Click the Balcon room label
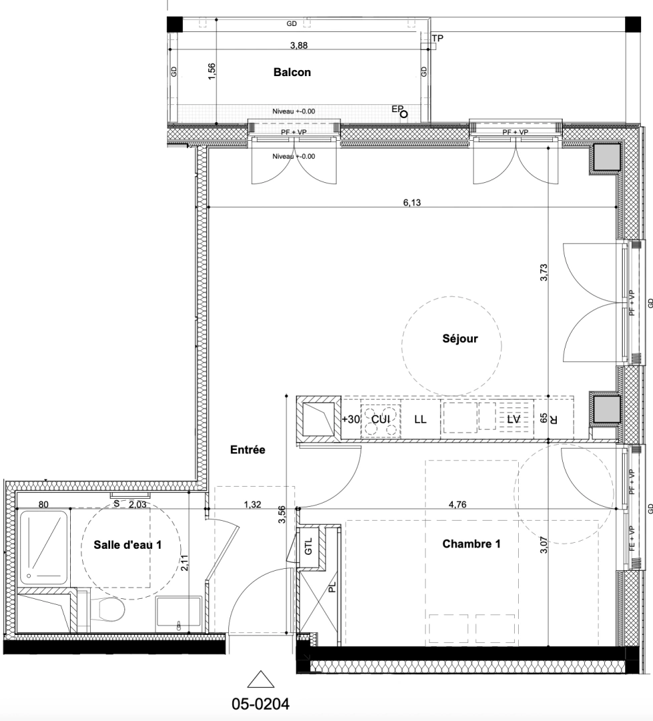tap(292, 72)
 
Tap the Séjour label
tap(460, 339)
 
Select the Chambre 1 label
tap(471, 544)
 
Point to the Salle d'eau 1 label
tap(128, 545)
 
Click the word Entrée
tap(248, 450)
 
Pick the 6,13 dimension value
tap(412, 202)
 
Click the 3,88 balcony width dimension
tap(299, 45)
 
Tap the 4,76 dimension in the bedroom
tap(457, 505)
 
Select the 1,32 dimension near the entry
tap(252, 505)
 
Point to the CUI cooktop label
tap(381, 419)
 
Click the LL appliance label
tap(421, 419)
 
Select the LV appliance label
tap(513, 419)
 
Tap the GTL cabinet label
tap(308, 546)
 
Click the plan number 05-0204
tap(261, 704)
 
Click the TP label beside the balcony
tap(437, 38)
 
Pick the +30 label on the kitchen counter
tap(351, 419)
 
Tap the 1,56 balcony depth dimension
tap(212, 71)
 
